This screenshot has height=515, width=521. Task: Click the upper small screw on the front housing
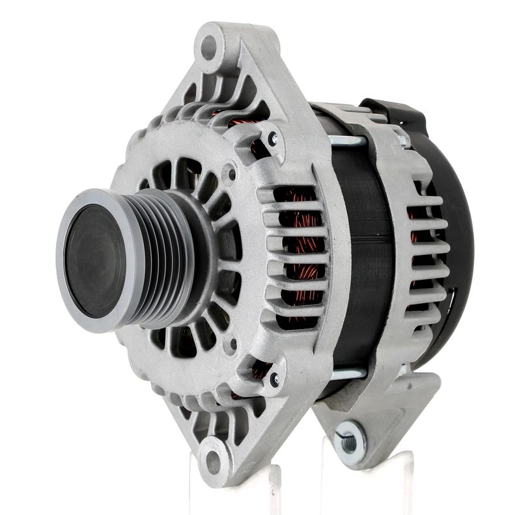tap(273, 138)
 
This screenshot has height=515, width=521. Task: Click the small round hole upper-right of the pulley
tap(229, 173)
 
